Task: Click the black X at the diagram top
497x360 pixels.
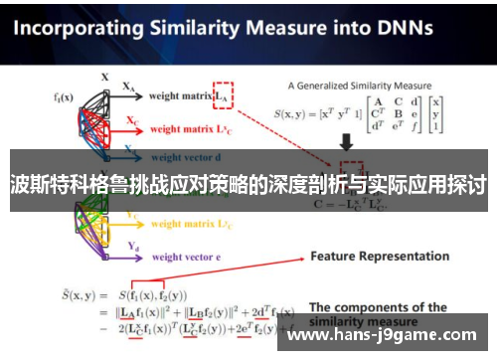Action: click(105, 76)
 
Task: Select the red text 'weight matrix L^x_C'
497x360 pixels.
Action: click(191, 129)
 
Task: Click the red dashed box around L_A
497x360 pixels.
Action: click(222, 95)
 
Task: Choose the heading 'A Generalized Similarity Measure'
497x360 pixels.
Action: click(359, 86)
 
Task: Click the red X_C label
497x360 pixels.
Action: click(131, 119)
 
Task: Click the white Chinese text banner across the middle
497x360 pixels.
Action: click(248, 184)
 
